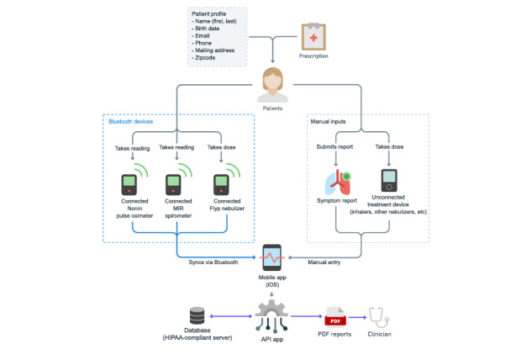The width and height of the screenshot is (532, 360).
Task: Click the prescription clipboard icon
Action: pos(313,37)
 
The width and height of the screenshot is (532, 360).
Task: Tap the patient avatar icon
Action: pos(273,85)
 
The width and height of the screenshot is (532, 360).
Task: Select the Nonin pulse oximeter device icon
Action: pos(129,185)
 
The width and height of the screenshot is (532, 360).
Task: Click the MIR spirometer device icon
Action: pos(173,185)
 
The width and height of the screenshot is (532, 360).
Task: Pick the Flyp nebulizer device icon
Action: pos(221,185)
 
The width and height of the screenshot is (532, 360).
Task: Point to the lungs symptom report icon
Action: pos(338,183)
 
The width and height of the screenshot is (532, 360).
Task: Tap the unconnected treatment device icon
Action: pos(389,180)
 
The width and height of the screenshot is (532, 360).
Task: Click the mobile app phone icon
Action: pos(272,257)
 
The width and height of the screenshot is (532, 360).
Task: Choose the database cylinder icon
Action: pos(198,316)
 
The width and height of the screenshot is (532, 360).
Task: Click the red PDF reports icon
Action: pos(335,317)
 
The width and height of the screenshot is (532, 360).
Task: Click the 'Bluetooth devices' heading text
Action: pos(130,122)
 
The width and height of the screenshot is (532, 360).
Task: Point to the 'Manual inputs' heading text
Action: pos(328,122)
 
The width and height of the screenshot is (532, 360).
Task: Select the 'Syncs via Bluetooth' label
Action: pos(213,262)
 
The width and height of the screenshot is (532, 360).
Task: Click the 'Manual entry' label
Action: pos(324,262)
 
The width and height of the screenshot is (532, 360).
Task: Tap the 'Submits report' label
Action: pos(334,146)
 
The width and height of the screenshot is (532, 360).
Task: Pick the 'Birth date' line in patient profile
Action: pos(207,29)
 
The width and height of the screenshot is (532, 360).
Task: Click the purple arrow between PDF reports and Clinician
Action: pos(357,317)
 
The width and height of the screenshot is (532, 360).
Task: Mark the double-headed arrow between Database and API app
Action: pos(231,316)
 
